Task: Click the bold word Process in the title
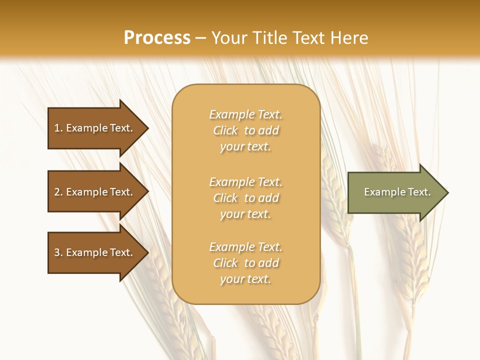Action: click(x=157, y=38)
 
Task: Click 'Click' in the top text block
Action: click(x=225, y=130)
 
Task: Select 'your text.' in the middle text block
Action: click(x=245, y=214)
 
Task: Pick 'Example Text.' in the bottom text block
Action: click(x=245, y=247)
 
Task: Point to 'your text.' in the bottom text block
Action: click(x=245, y=279)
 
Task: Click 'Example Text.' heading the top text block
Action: click(x=245, y=114)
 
